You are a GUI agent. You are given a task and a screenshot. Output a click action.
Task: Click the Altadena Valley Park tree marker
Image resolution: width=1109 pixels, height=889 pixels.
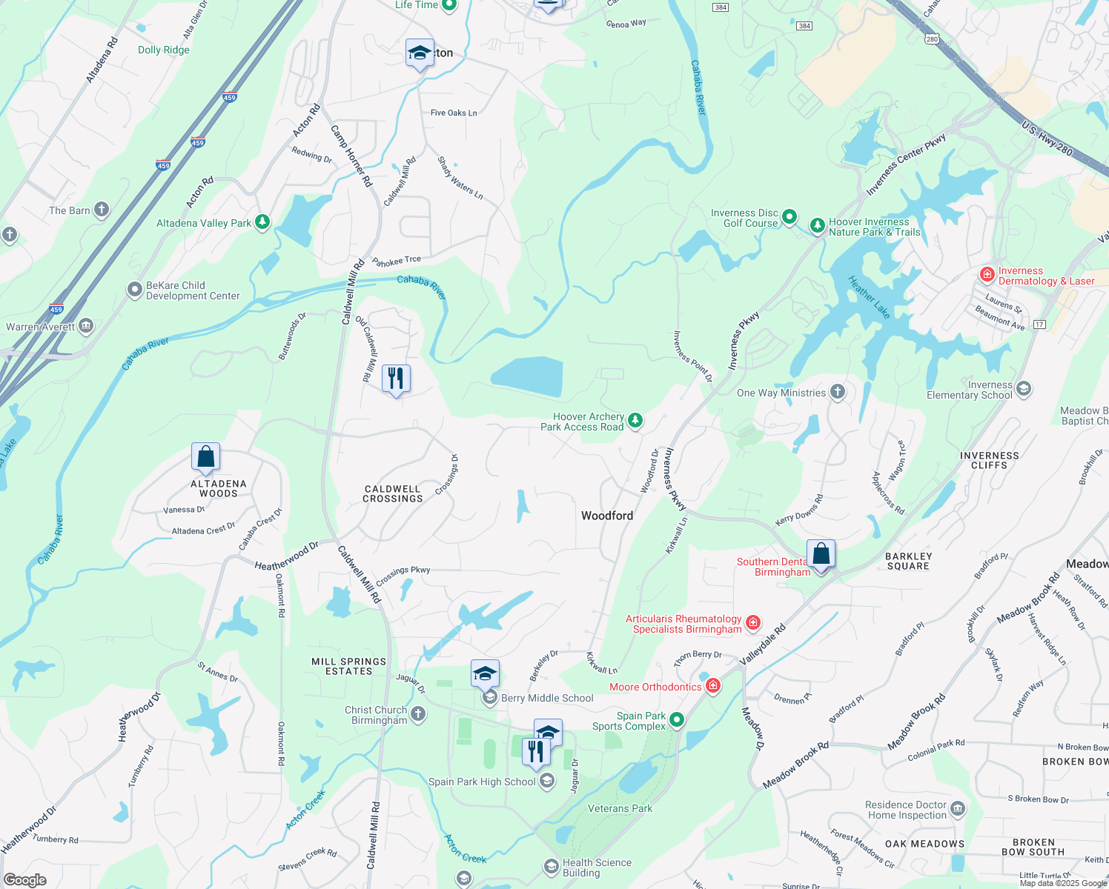click(262, 222)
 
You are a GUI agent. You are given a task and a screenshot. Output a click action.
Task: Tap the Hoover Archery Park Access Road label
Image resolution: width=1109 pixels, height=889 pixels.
click(582, 422)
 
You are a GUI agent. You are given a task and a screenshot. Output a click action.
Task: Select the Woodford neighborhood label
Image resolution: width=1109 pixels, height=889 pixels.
click(606, 516)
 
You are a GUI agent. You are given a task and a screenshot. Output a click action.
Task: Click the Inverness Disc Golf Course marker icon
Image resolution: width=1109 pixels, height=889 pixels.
click(789, 217)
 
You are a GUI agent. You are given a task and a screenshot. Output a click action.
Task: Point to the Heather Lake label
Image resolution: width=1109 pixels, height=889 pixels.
click(869, 297)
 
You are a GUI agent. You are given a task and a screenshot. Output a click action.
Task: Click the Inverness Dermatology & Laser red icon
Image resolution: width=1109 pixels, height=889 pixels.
click(987, 275)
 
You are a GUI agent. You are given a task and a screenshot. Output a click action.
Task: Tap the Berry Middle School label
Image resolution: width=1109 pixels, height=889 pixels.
click(547, 698)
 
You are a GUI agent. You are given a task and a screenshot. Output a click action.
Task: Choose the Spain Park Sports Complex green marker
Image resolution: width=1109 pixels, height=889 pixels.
click(676, 719)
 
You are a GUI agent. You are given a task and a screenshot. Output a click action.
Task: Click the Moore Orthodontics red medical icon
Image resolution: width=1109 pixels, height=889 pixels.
click(713, 686)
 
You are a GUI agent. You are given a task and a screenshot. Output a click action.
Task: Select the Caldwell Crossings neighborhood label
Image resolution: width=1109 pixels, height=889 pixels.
click(392, 493)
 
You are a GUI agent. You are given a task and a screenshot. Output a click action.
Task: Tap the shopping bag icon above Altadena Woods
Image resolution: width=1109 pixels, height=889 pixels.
click(205, 456)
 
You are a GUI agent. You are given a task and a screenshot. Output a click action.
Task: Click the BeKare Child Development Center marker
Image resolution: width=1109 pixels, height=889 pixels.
click(134, 290)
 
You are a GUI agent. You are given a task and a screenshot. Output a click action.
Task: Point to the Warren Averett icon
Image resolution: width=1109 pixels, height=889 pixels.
click(86, 325)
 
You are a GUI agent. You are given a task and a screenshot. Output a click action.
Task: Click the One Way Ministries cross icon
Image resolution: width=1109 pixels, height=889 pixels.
click(837, 392)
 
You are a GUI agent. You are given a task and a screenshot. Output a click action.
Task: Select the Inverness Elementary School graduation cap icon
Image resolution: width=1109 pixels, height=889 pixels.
click(1024, 389)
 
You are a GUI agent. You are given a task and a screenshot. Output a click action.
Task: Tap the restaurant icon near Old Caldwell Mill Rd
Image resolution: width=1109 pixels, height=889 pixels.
click(396, 379)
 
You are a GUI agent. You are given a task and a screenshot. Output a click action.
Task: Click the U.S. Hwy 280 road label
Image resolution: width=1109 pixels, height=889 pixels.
click(1047, 139)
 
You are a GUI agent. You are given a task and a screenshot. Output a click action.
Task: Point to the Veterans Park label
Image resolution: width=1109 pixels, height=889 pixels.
click(620, 808)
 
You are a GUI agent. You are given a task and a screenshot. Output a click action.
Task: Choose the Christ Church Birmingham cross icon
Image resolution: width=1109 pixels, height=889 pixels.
click(418, 714)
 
